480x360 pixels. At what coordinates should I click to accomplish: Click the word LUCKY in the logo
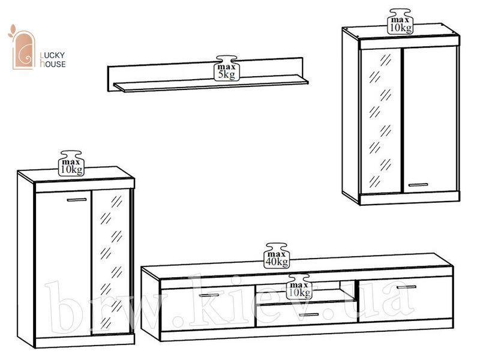(x=53, y=55)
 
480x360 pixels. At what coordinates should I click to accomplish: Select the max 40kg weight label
(x=277, y=256)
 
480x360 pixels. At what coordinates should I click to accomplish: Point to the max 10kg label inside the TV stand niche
(x=299, y=287)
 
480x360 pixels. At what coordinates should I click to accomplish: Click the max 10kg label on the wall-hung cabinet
(x=400, y=21)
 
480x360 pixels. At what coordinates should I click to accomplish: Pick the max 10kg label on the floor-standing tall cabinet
(x=71, y=163)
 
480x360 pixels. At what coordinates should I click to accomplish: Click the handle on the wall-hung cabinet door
(x=418, y=185)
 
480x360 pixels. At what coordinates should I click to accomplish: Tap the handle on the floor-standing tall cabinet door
(x=77, y=200)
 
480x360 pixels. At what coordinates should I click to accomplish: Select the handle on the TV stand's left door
(x=209, y=295)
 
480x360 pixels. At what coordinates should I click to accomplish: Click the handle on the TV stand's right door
(x=406, y=287)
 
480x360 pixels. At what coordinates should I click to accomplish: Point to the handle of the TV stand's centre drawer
(x=308, y=314)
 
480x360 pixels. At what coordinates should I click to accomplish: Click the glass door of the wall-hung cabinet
(x=381, y=121)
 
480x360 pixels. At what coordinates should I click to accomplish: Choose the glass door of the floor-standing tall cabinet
(x=112, y=262)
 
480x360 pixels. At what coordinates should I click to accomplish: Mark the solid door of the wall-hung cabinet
(x=430, y=119)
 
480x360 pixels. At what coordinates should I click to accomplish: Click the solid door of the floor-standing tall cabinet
(x=64, y=264)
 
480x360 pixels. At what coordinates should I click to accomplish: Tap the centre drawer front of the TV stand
(x=307, y=314)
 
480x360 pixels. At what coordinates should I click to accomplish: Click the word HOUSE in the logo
(x=53, y=64)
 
